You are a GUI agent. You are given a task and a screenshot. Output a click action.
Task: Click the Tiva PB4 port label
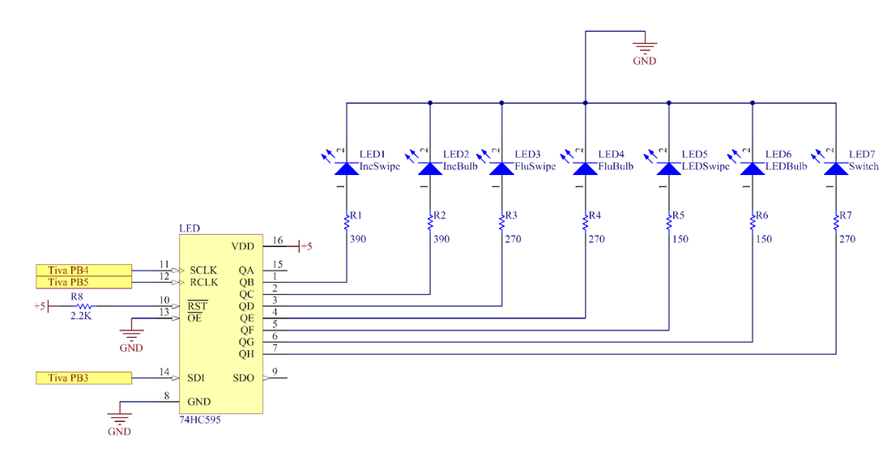[83, 270]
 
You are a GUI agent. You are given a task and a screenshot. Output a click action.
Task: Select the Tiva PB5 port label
[83, 283]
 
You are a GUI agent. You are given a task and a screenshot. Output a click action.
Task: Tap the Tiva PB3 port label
[83, 378]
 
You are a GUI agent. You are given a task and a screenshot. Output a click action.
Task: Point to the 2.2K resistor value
[81, 316]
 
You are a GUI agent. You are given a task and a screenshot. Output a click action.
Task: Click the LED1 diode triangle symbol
[346, 168]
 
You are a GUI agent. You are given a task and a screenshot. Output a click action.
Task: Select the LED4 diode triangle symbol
[586, 168]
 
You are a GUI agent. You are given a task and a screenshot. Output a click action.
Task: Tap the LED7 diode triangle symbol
[836, 168]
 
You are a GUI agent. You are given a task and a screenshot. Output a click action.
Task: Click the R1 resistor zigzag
[346, 221]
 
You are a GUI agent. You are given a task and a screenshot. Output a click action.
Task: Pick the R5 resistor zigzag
[669, 221]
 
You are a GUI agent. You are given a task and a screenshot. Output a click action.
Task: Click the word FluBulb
[616, 167]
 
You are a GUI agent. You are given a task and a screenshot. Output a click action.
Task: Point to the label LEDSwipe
[706, 167]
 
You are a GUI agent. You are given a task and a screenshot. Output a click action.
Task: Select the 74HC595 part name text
[200, 420]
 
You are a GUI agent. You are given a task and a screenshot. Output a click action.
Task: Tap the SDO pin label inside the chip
[243, 378]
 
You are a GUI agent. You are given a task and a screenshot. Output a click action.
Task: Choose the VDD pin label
[243, 247]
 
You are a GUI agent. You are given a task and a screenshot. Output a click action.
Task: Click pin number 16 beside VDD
[277, 241]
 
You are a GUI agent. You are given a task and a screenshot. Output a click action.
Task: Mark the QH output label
[246, 354]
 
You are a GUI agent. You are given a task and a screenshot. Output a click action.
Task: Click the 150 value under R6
[764, 239]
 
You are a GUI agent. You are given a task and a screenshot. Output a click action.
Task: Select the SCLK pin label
[202, 271]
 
